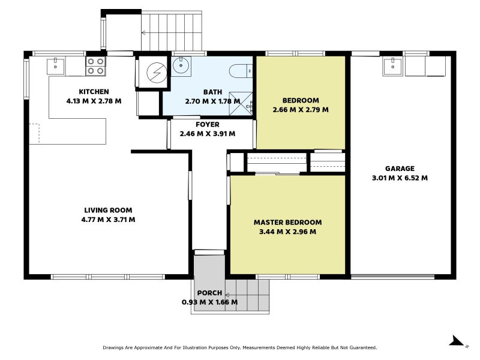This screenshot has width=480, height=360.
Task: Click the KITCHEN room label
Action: pos(94,92)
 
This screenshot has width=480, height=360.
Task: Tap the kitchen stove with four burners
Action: pos(95,67)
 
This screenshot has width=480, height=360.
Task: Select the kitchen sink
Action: pos(55,67)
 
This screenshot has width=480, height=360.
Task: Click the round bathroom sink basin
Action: pos(181,65)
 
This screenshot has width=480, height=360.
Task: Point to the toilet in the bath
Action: pos(241,71)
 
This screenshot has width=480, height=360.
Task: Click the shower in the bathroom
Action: pos(241,104)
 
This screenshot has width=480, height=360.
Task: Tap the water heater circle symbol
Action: pos(157,73)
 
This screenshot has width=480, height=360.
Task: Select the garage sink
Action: pos(392,67)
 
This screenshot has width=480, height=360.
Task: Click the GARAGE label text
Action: pos(400,169)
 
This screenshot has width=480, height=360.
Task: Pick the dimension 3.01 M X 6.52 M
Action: pos(400,178)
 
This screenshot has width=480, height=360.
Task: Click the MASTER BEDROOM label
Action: pos(288,223)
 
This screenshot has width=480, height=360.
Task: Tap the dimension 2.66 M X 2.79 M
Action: pos(301,110)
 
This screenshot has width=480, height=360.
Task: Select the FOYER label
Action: pos(208,125)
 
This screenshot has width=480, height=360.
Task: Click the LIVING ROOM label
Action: pos(109,211)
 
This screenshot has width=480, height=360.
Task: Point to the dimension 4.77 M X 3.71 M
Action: pos(109,220)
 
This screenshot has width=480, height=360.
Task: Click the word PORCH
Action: pos(209,293)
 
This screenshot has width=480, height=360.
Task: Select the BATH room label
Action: pos(213,92)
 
